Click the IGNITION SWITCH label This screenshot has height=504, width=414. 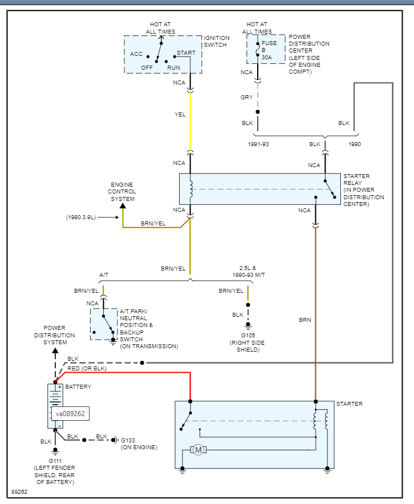tap(216, 42)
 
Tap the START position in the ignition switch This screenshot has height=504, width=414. tap(186, 53)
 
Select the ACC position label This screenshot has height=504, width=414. tap(136, 54)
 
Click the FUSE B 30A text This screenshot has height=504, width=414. tap(269, 50)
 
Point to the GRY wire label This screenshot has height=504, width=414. tap(246, 98)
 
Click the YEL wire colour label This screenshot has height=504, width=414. tap(180, 115)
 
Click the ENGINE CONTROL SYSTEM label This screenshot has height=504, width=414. tap(123, 192)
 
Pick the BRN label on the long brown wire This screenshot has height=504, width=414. tap(305, 320)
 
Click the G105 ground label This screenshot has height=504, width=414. tap(247, 336)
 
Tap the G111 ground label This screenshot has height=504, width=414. tap(55, 460)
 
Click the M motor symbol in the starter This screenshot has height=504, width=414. tap(198, 450)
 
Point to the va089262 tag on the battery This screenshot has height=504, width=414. tap(70, 414)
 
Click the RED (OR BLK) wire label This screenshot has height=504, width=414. tap(87, 369)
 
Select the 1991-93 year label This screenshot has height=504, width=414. tap(258, 144)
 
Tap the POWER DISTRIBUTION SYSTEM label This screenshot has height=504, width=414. tap(54, 335)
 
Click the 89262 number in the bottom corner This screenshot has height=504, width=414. tap(19, 491)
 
